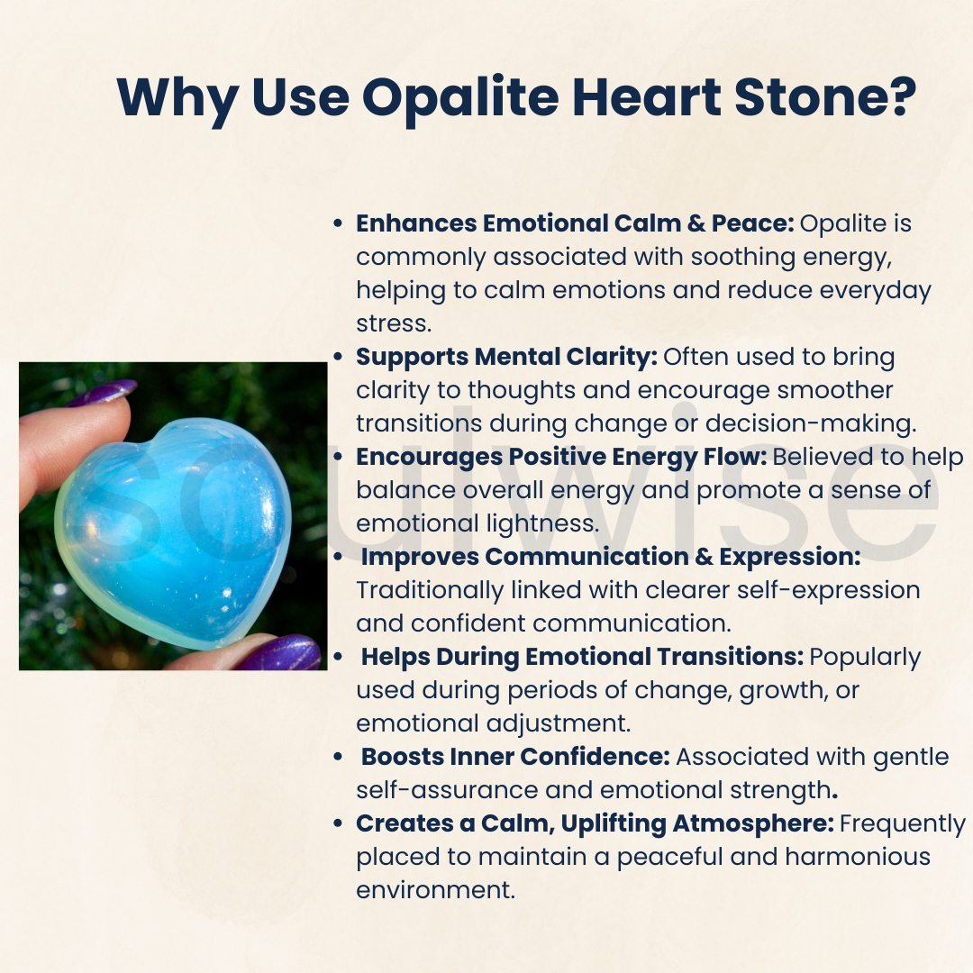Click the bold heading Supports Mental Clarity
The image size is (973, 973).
pyautogui.click(x=506, y=357)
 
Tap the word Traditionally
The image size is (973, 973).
pyautogui.click(x=448, y=590)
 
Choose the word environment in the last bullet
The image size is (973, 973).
pyautogui.click(x=435, y=890)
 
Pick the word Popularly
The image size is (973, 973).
pyautogui.click(x=865, y=657)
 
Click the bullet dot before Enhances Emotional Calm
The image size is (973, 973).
pyautogui.click(x=338, y=223)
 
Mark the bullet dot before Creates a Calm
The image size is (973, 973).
pyautogui.click(x=338, y=823)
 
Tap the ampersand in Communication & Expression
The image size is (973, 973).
pyautogui.click(x=705, y=557)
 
